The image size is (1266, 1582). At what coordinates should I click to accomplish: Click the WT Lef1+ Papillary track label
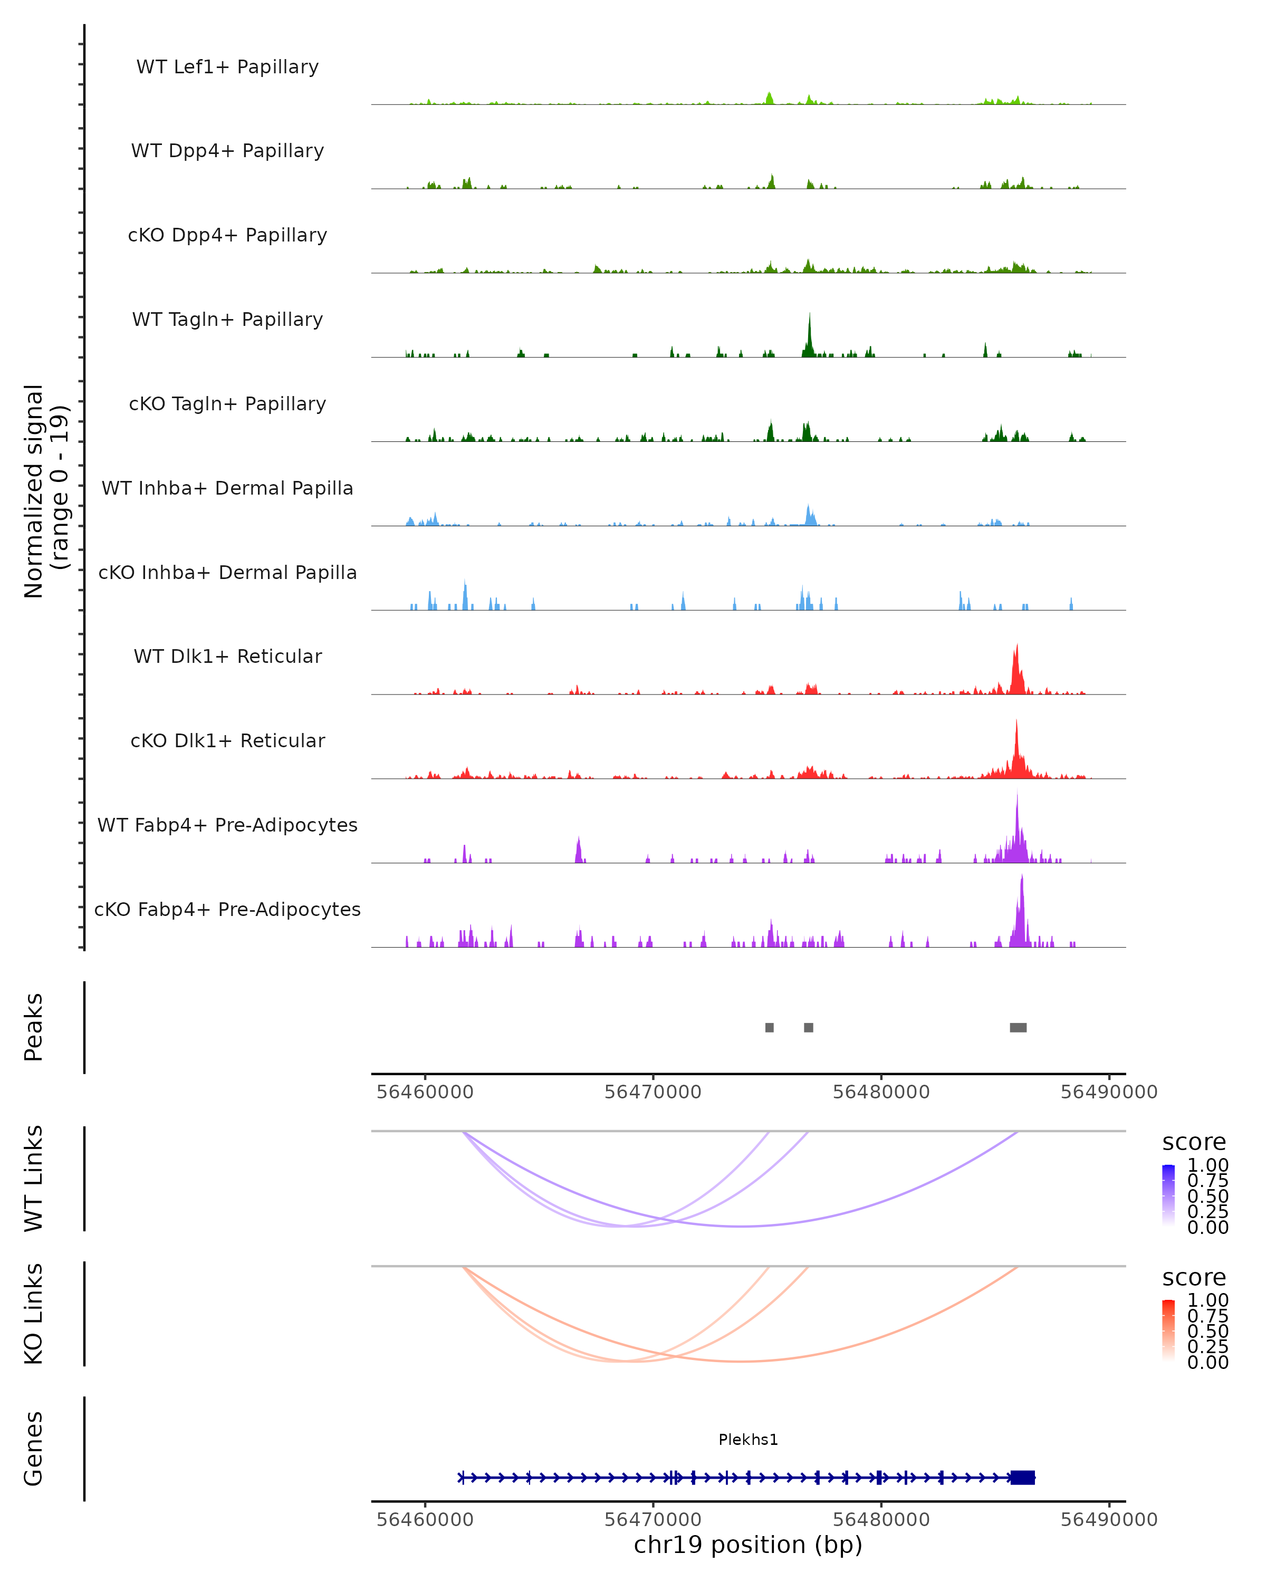pyautogui.click(x=227, y=67)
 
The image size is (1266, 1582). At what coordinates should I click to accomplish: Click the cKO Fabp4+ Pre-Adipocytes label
pyautogui.click(x=227, y=909)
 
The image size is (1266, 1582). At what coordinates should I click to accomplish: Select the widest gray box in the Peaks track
pyautogui.click(x=1018, y=1027)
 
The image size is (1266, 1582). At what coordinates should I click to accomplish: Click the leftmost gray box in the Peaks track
pyautogui.click(x=769, y=1027)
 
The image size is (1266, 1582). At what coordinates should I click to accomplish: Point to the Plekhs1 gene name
pyautogui.click(x=748, y=1440)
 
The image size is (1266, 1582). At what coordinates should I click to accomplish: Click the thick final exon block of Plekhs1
pyautogui.click(x=1022, y=1478)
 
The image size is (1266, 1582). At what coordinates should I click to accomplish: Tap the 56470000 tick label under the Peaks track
pyautogui.click(x=653, y=1092)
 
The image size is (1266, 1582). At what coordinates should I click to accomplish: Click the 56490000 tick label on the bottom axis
pyautogui.click(x=1108, y=1520)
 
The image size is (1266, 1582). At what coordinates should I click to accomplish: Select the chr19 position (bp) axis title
pyautogui.click(x=748, y=1545)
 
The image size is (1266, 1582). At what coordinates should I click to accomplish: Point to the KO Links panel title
pyautogui.click(x=34, y=1314)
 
